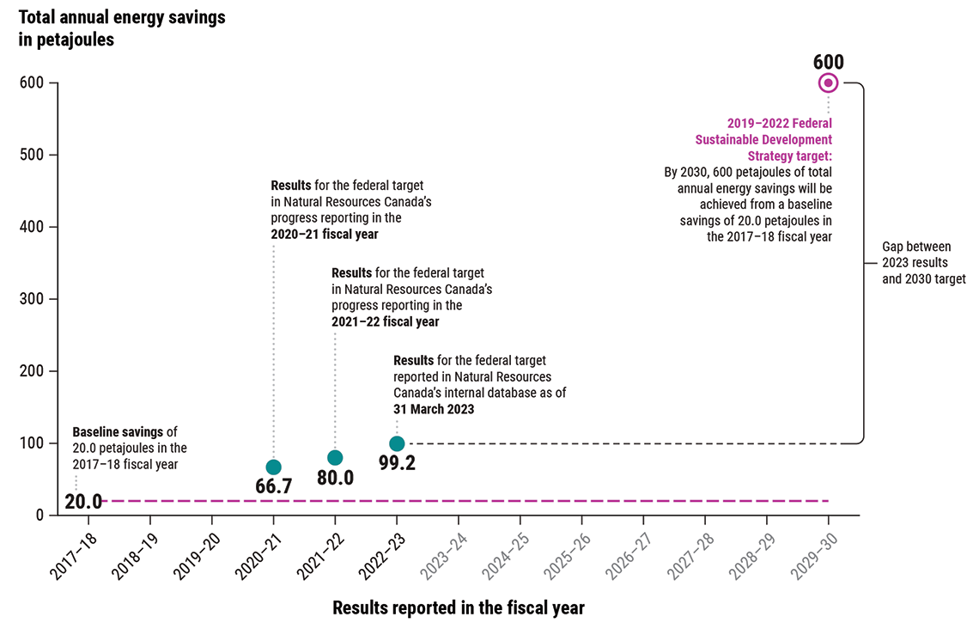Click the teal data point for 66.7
click(273, 467)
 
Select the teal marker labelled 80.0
click(335, 457)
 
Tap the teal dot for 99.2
click(397, 443)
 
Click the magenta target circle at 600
click(828, 82)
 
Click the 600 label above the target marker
click(828, 62)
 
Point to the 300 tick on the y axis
click(33, 299)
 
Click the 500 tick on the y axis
click(33, 155)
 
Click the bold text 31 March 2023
click(434, 410)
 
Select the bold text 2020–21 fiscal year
click(325, 234)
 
